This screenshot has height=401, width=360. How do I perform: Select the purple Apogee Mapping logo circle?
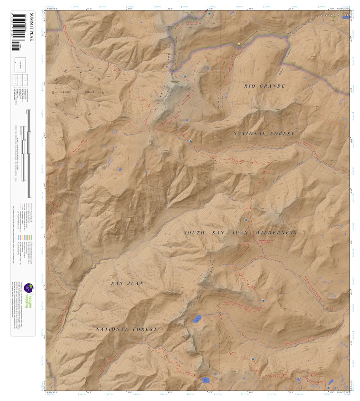28,288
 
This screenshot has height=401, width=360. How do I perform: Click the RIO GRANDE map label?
265,86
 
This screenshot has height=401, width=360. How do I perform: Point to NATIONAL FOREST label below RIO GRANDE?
264,134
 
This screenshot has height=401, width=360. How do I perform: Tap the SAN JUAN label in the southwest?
127,283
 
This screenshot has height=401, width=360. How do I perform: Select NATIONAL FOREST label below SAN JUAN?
126,329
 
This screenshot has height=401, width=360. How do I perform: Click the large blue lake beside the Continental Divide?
197,319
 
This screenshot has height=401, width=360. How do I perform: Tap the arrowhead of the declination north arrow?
81,72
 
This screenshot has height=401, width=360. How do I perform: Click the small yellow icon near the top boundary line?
239,43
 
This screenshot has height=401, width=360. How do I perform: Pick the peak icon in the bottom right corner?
328,387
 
